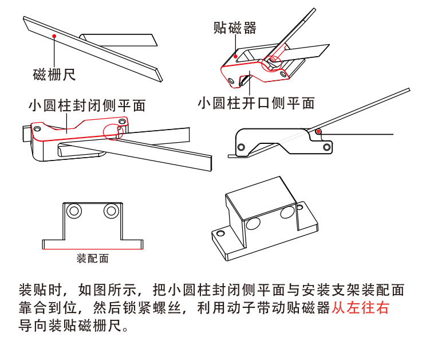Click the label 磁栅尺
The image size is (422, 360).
coord(54,74)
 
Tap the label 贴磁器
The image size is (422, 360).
coord(235,27)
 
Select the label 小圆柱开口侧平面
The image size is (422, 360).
coord(257,103)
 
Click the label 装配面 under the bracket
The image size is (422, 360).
coord(92,258)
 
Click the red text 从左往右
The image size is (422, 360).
coord(360,308)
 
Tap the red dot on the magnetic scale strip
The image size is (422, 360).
coord(54,36)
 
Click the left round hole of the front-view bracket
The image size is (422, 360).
coord(73,212)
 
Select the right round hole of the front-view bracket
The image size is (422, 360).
coord(111,212)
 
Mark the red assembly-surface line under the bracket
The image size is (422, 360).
coord(92,248)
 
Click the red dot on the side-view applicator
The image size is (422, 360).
coord(318,132)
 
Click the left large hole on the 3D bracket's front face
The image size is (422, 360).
coord(254,222)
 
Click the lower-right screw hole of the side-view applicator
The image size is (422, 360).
coord(326,147)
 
